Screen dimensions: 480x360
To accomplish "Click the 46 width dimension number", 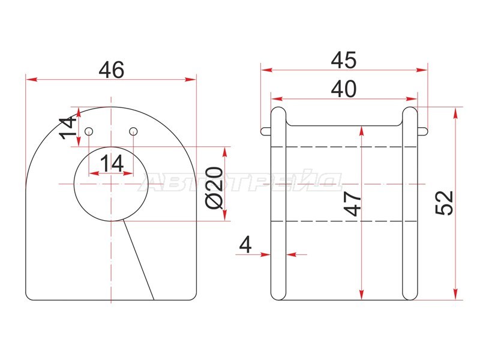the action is [112, 70].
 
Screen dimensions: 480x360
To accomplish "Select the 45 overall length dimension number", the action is [344, 60].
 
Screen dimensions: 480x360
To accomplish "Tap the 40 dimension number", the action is [344, 89].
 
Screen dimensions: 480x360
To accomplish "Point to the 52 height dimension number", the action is [444, 203].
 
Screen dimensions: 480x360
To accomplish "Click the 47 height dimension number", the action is [352, 204].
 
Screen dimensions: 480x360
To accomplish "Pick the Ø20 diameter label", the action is [214, 188].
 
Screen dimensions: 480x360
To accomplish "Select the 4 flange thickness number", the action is [245, 245].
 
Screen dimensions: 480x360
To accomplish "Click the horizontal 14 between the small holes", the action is [112, 163].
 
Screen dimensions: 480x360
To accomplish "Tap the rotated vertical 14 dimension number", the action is [67, 127].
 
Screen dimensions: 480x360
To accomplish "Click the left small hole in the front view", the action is [89, 131].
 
